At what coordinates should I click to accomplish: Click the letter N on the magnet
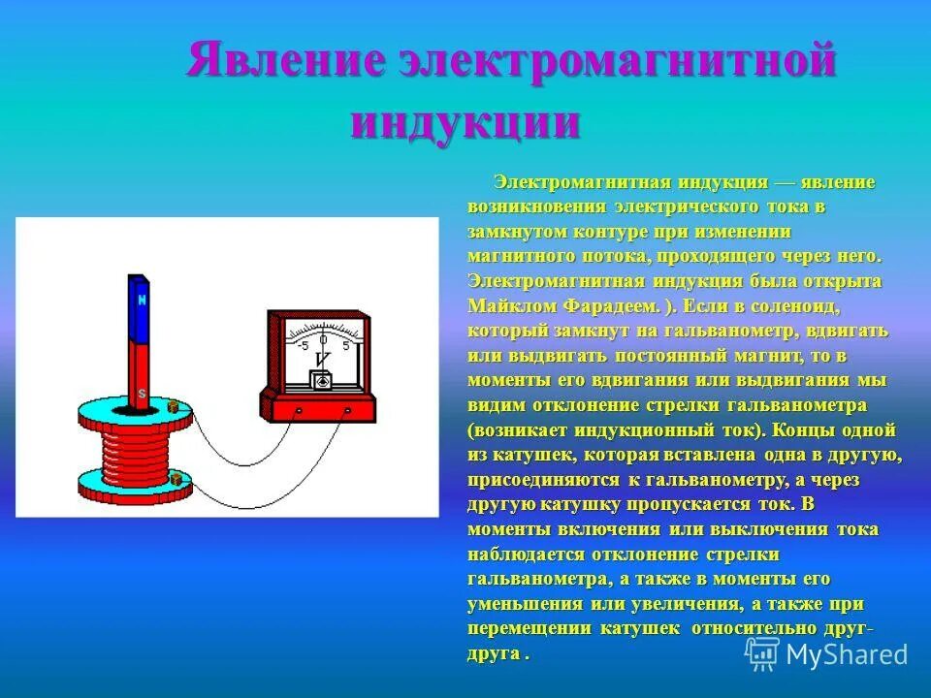(143, 300)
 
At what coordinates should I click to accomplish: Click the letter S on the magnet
(143, 393)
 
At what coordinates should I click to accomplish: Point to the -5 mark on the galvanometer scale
(304, 345)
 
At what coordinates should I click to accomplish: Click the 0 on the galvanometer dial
(323, 340)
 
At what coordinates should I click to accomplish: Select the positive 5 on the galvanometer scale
(346, 345)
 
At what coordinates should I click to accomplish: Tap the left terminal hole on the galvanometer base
(299, 410)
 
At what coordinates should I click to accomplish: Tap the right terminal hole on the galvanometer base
(347, 410)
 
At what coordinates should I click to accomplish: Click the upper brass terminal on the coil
(174, 407)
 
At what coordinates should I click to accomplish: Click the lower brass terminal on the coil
(175, 476)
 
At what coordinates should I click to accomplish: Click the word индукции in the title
(465, 124)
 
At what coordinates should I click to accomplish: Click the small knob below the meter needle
(323, 382)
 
